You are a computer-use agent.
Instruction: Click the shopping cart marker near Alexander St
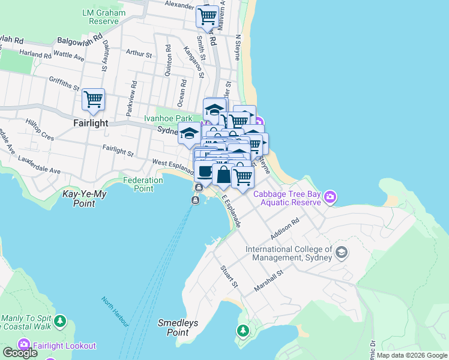coord(207,17)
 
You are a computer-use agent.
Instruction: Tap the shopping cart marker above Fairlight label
coord(93,100)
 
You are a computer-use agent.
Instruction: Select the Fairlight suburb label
coord(90,123)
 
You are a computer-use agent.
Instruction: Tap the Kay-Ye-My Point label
coord(87,199)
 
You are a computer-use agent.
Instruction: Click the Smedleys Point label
coord(178,327)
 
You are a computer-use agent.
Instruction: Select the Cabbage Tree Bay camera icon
coord(330,197)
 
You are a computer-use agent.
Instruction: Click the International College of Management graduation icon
coord(342,253)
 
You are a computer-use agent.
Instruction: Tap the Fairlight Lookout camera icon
coord(24,345)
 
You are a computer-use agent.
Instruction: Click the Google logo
coord(20,353)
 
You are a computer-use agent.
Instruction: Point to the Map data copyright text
coord(412,355)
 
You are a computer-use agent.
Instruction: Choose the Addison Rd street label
coord(285,228)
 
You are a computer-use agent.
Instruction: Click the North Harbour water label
coord(115,312)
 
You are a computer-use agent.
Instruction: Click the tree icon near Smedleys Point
coord(243,331)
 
